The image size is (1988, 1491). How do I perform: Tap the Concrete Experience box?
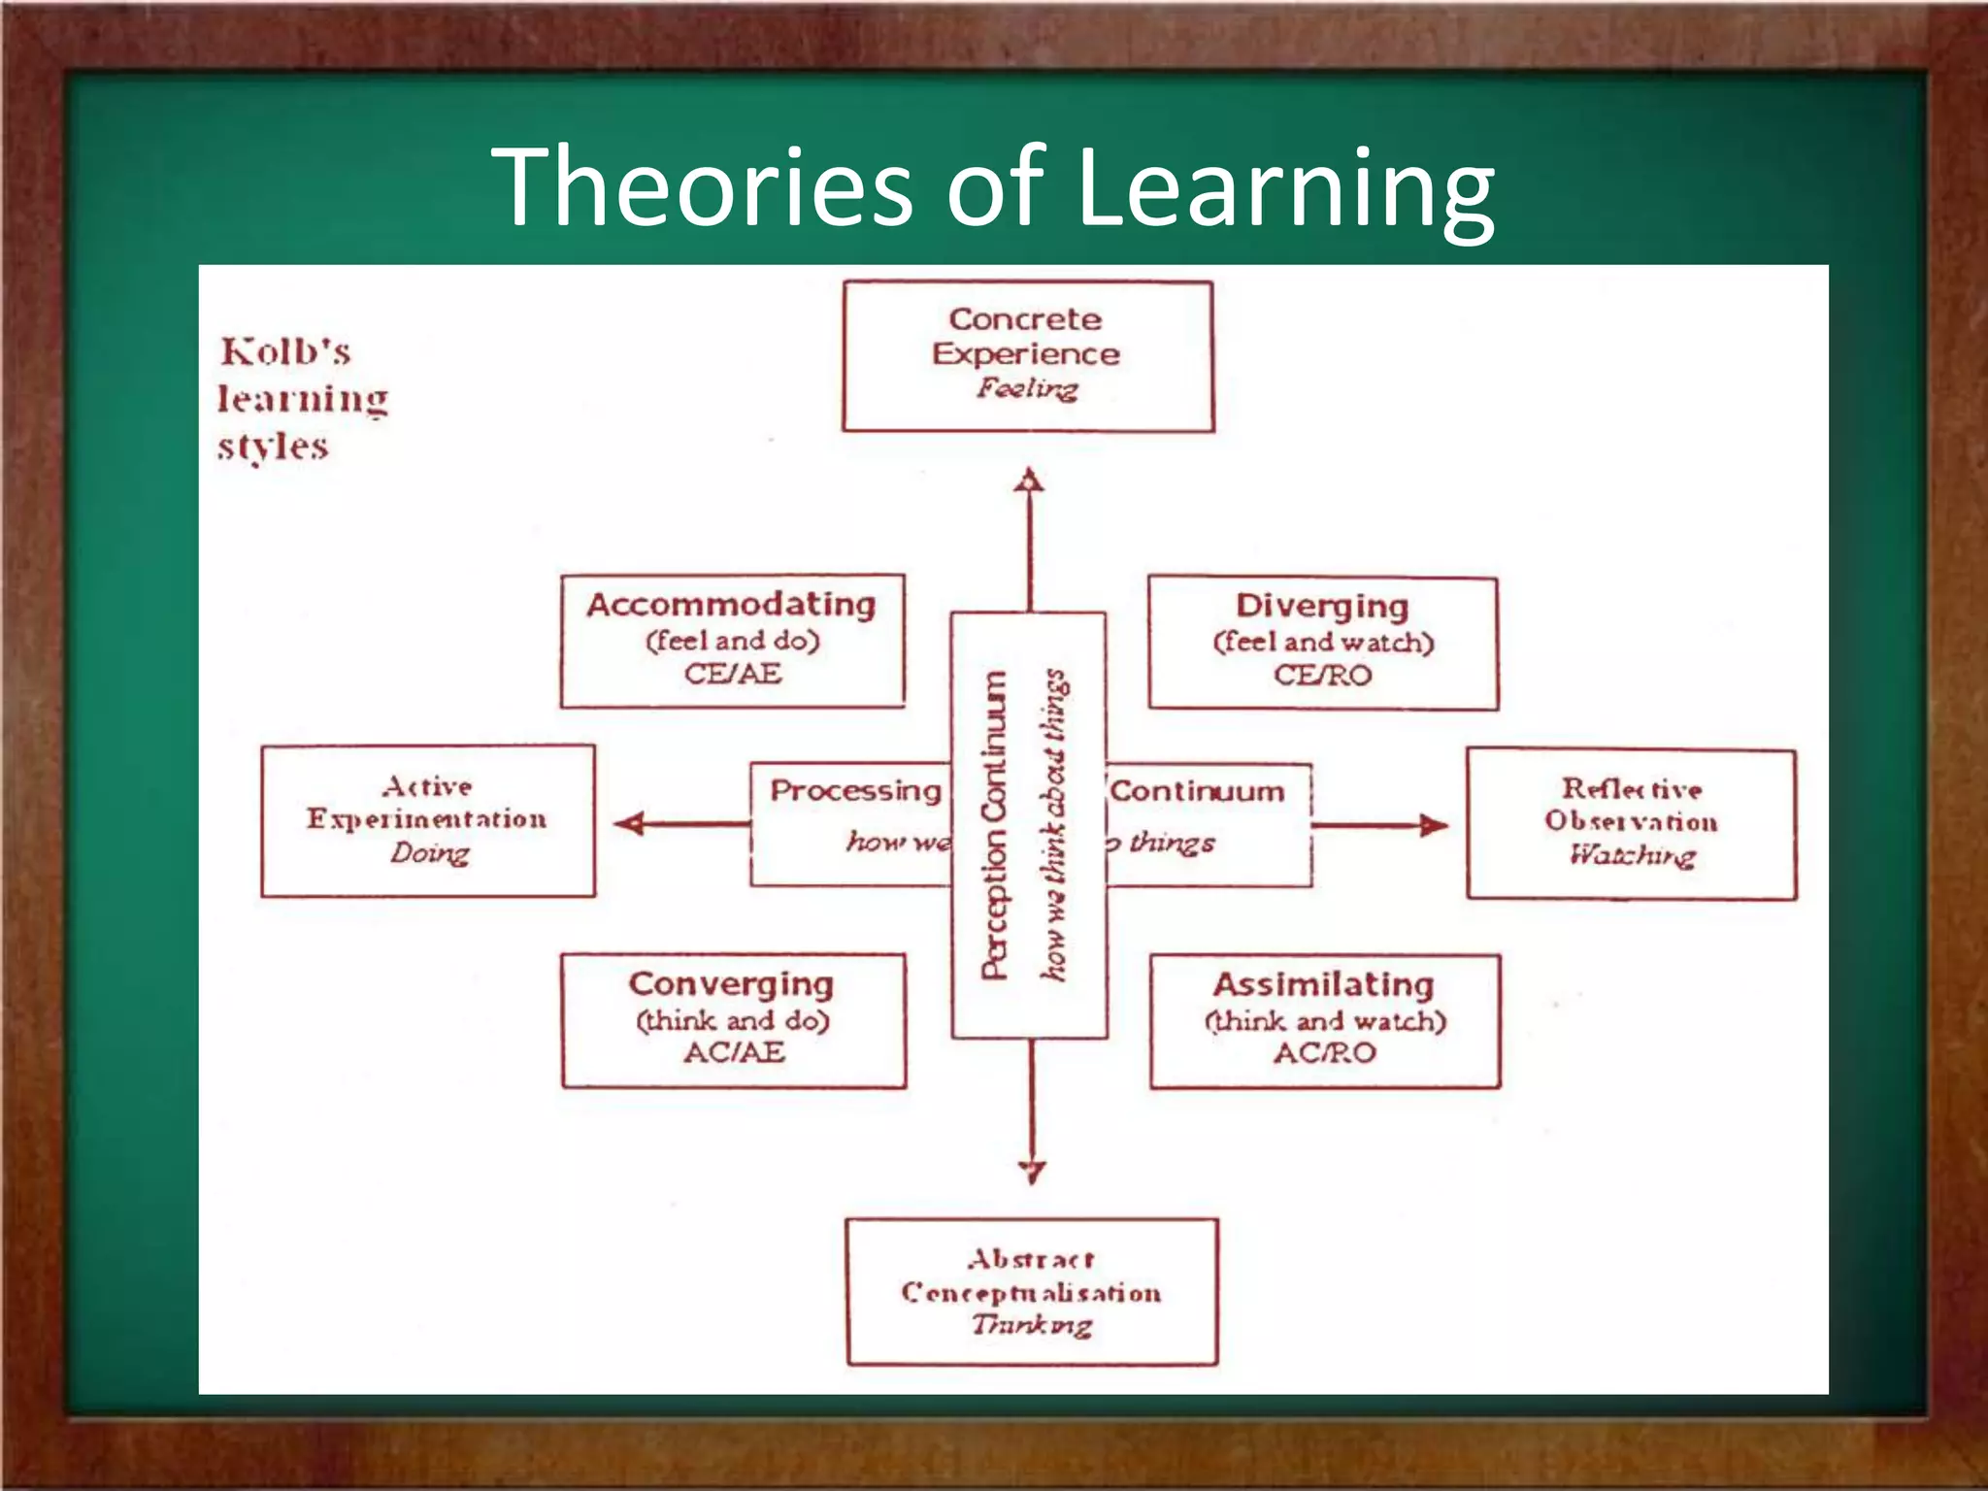1027,356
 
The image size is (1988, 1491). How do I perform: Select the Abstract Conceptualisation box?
1031,1292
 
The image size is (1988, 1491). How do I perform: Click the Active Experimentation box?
428,821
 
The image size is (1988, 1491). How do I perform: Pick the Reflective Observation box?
1631,824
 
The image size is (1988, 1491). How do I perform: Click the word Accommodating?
731,605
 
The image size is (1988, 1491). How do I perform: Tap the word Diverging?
1322,606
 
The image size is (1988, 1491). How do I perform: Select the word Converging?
731,984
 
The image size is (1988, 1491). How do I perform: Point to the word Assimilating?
1323,984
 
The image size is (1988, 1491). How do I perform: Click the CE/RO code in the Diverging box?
1322,676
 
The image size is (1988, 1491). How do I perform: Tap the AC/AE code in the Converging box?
734,1052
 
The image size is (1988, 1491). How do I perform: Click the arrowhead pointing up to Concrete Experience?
1029,480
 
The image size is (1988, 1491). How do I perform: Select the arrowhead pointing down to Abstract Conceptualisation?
1032,1173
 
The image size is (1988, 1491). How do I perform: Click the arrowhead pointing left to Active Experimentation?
630,824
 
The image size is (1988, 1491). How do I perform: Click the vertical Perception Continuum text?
994,825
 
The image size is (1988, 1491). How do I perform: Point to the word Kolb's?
285,351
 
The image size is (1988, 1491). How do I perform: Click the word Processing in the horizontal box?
855,790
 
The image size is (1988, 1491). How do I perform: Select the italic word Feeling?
1027,388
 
